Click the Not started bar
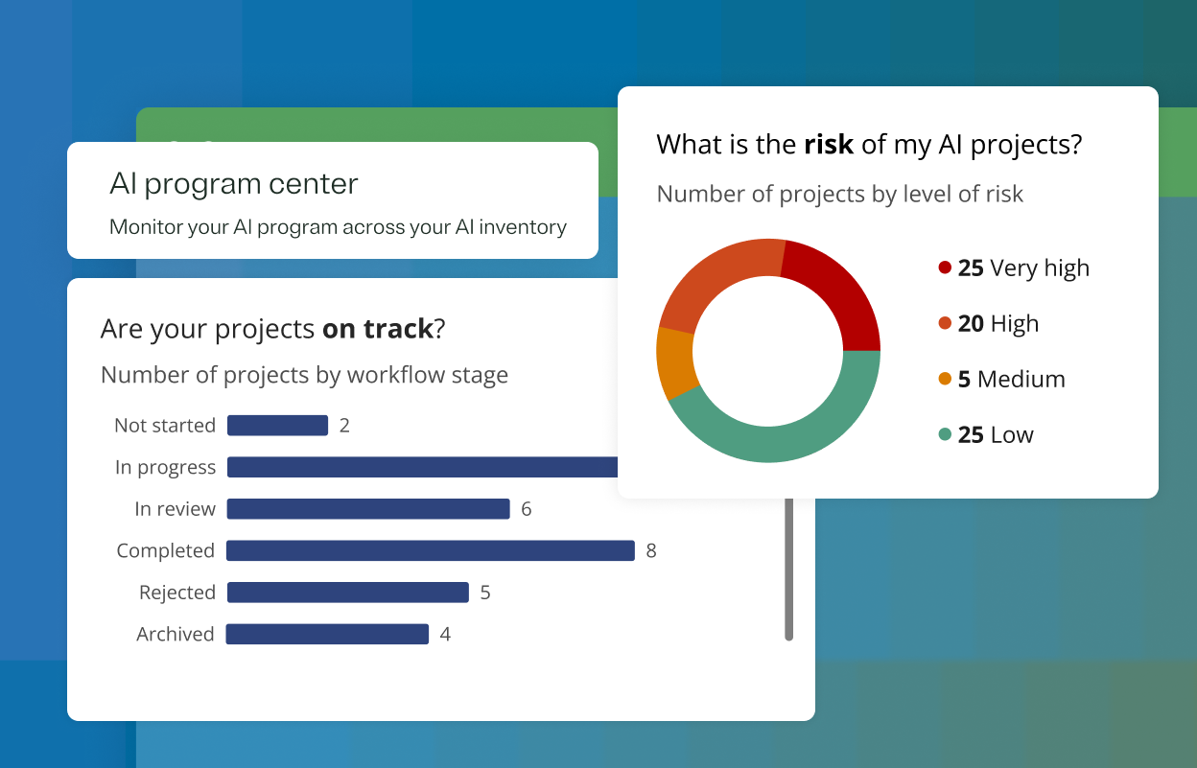tap(277, 426)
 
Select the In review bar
tap(368, 509)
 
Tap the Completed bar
tap(431, 550)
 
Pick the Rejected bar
tap(347, 593)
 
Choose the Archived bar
tap(327, 634)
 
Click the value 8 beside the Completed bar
tap(651, 551)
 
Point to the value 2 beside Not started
tap(344, 426)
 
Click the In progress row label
tap(165, 468)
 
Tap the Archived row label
tap(176, 634)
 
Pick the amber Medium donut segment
tap(675, 362)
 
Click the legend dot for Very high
tap(945, 268)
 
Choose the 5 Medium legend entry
tap(1011, 380)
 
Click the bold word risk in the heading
tap(829, 145)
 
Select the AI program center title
tap(234, 184)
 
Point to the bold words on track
tap(378, 329)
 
